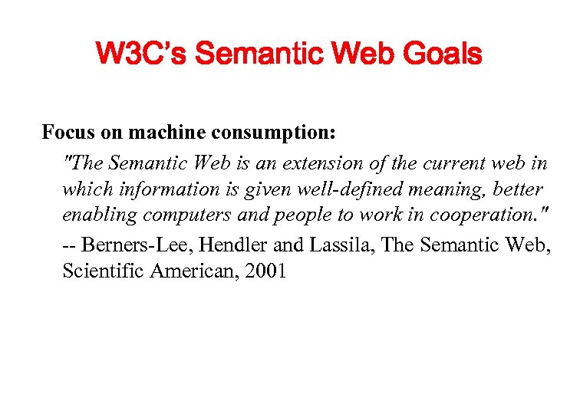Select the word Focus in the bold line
coord(66,133)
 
